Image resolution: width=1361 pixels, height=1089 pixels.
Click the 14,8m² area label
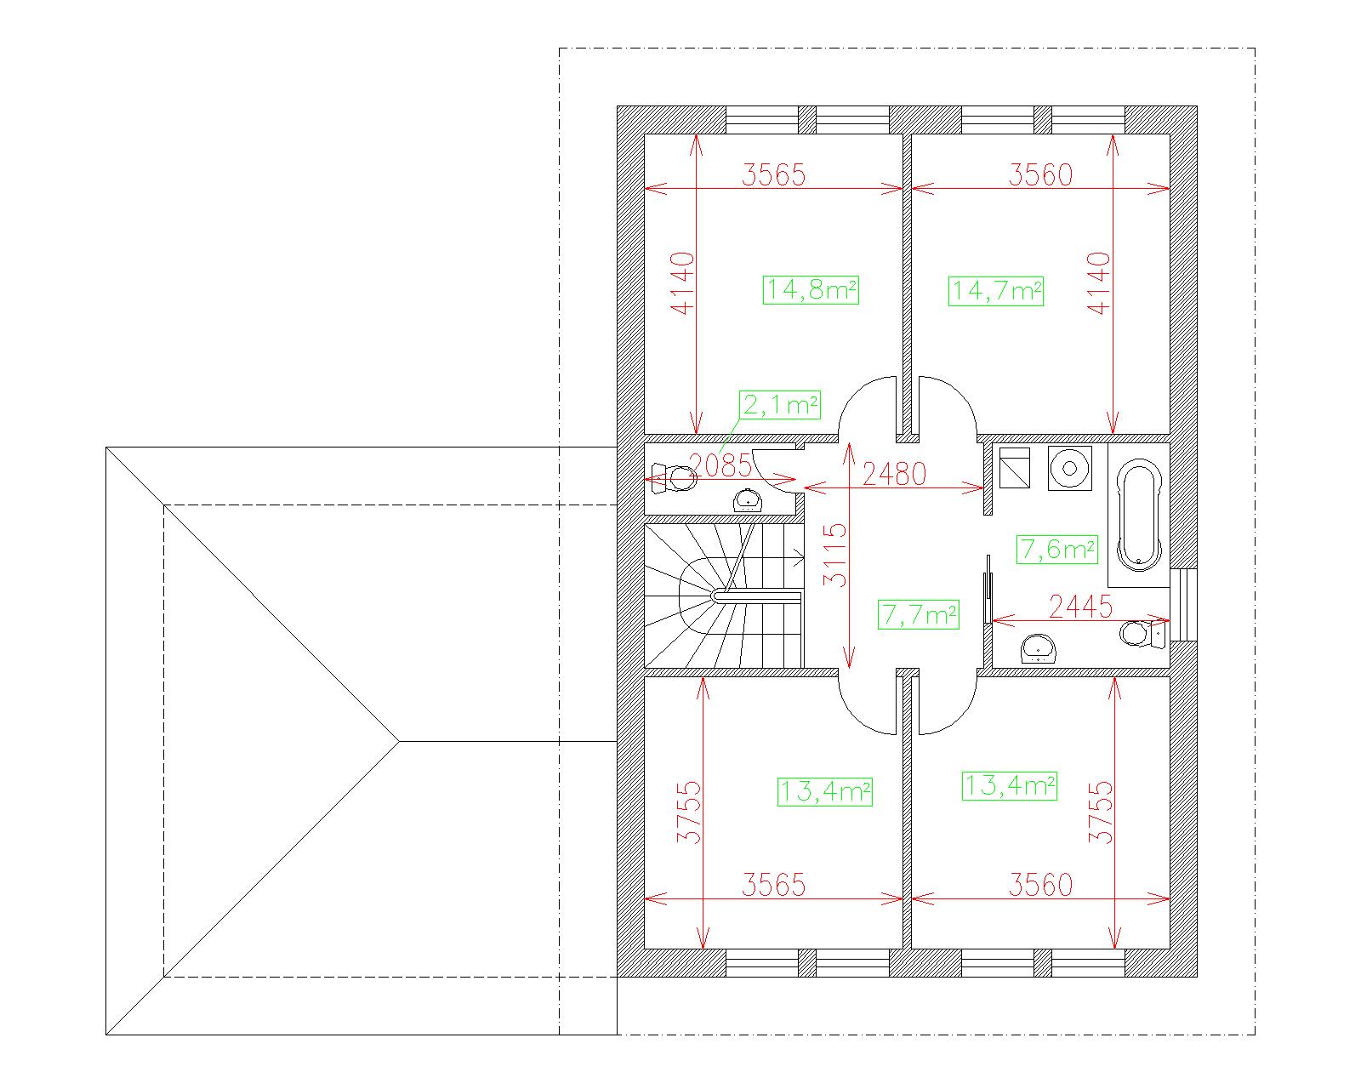[810, 290]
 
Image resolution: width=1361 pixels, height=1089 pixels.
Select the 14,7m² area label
[995, 291]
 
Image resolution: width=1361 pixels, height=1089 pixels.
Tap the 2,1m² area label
[780, 405]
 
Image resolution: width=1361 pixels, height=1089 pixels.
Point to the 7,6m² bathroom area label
[1056, 550]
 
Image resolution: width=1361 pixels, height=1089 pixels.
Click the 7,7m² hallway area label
[919, 614]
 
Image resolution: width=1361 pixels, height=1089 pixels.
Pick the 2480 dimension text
[894, 473]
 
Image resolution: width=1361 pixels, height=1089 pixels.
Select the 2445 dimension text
[1080, 607]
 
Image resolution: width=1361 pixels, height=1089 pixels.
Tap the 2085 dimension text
[720, 465]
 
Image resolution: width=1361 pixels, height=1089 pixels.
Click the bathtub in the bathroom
[1139, 515]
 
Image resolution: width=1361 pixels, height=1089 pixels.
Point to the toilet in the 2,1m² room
[675, 477]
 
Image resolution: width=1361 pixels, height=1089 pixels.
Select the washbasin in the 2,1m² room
[748, 500]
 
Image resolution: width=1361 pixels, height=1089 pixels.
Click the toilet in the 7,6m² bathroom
[1142, 633]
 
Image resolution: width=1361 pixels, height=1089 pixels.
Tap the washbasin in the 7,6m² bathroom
[1038, 648]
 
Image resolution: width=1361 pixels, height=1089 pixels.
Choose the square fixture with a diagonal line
[1015, 468]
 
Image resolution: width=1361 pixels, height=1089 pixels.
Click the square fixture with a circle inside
[1069, 468]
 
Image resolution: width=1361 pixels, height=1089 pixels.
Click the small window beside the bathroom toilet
[1183, 605]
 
